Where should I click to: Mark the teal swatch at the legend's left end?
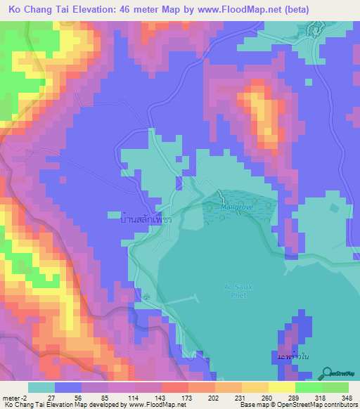click(41, 387)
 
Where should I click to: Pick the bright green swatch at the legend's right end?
click(335, 387)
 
